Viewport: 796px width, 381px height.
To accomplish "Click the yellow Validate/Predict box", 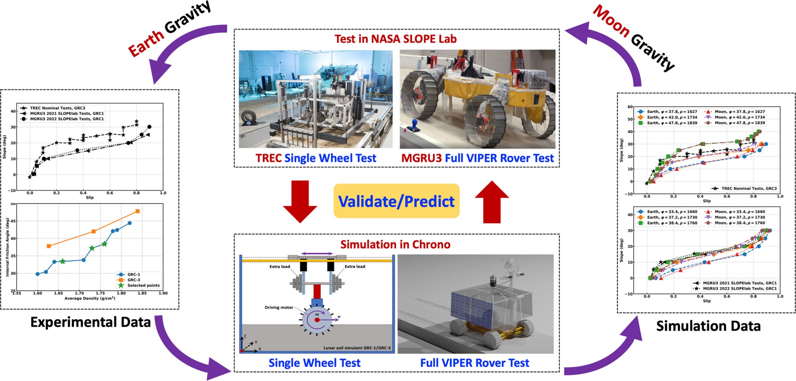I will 396,201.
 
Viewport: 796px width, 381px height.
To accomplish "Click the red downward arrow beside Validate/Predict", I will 300,201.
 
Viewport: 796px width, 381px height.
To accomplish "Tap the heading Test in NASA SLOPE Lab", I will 395,39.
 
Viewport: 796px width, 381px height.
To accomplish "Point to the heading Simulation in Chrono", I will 395,245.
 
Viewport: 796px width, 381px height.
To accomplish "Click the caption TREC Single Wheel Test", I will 316,158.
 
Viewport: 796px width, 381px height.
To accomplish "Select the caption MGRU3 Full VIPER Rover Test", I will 477,158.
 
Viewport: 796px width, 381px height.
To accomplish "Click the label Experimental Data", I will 90,322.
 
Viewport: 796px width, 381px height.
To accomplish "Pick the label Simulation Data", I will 708,326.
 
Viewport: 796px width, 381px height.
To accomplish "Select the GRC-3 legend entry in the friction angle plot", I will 133,280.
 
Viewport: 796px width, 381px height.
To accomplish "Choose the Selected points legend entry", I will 143,286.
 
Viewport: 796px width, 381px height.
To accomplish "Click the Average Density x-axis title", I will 89,298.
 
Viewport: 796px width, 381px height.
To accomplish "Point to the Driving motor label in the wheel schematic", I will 279,307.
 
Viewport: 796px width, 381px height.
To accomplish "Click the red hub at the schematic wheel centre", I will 317,320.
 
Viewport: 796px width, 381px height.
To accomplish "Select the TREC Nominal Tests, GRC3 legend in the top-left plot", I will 57,108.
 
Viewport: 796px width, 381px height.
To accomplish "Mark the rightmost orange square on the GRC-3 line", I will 138,211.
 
